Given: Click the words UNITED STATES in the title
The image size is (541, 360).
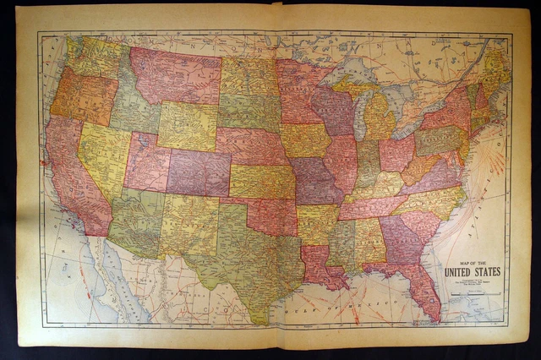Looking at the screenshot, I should (472, 271).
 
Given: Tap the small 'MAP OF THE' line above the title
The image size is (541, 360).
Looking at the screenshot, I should (471, 262).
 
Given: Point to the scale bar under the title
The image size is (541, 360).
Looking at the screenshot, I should (471, 291).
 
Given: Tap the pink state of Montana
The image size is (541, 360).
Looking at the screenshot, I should (173, 76).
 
